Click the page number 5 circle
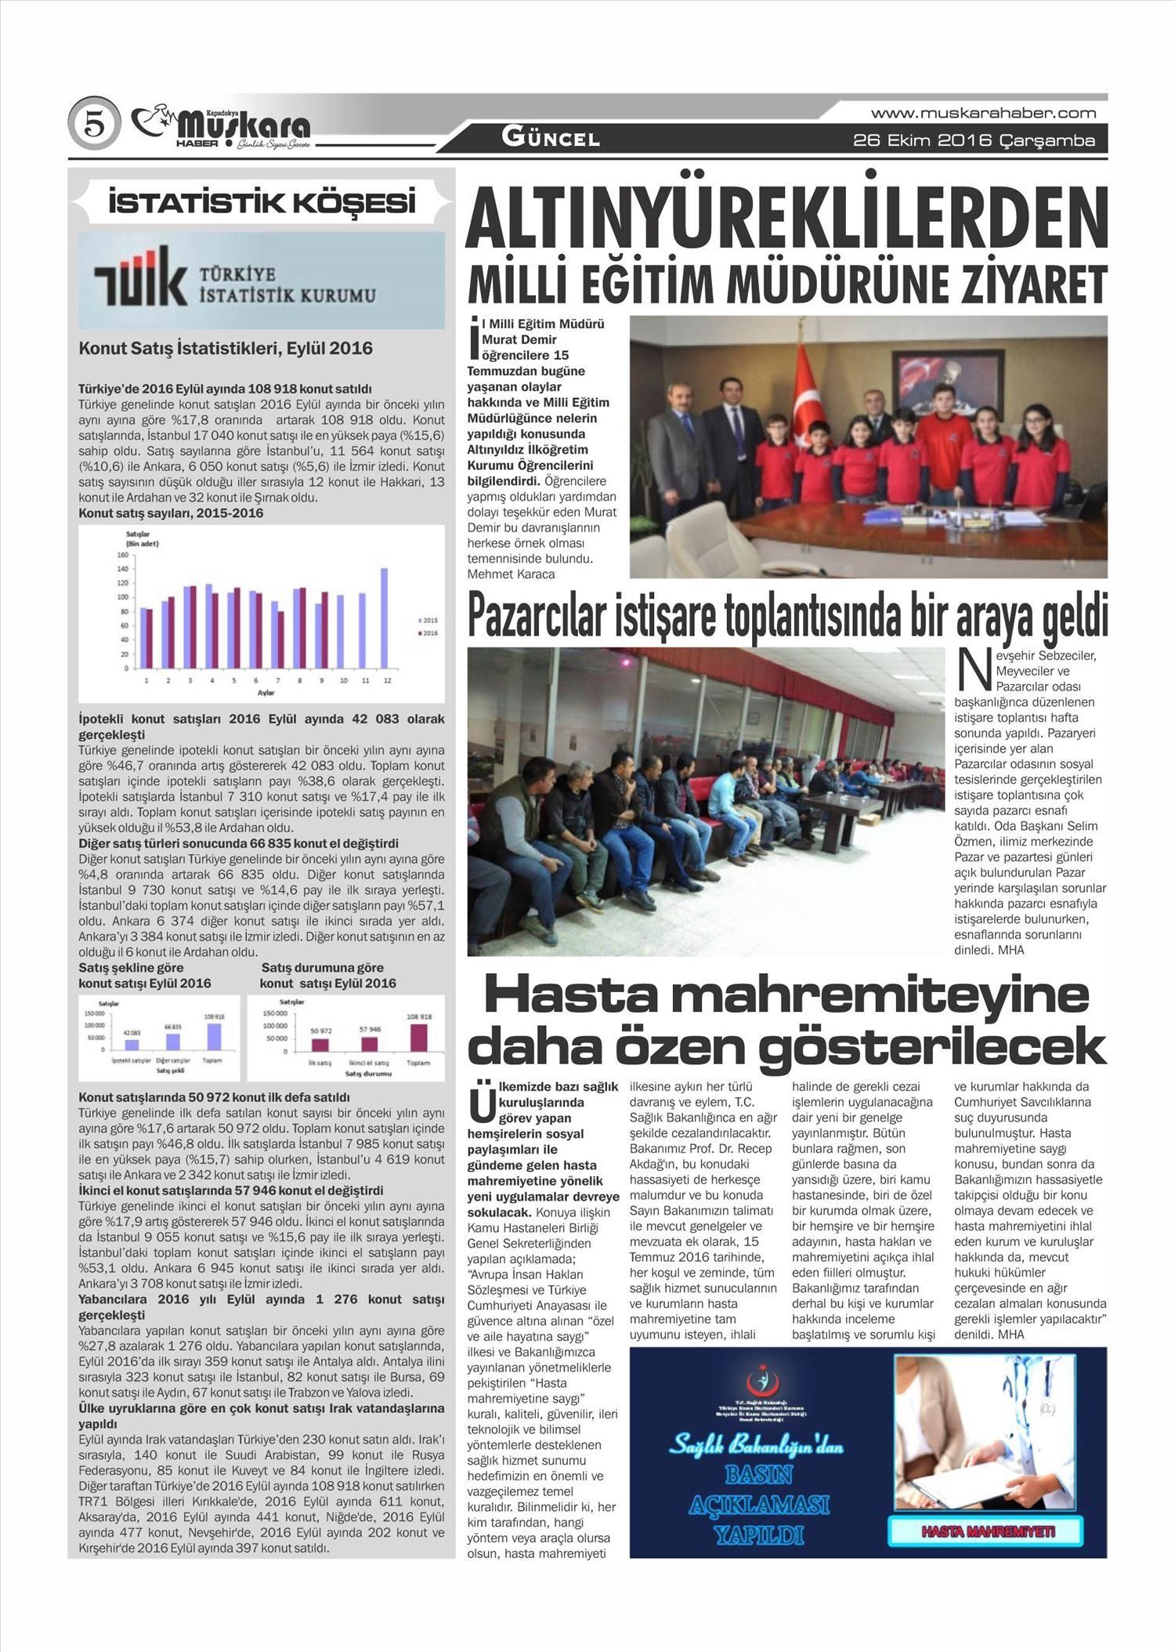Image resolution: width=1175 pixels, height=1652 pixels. pos(94,125)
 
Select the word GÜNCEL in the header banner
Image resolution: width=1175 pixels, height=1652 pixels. pos(551,139)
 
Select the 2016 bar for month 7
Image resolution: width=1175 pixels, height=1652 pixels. pos(280,639)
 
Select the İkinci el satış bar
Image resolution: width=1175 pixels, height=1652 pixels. pos(369,1043)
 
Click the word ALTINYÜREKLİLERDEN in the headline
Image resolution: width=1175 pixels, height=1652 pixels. pos(786,217)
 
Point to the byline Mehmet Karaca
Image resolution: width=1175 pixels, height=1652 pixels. pos(511,574)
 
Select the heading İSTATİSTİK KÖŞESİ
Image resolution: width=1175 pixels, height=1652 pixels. pos(262,204)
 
